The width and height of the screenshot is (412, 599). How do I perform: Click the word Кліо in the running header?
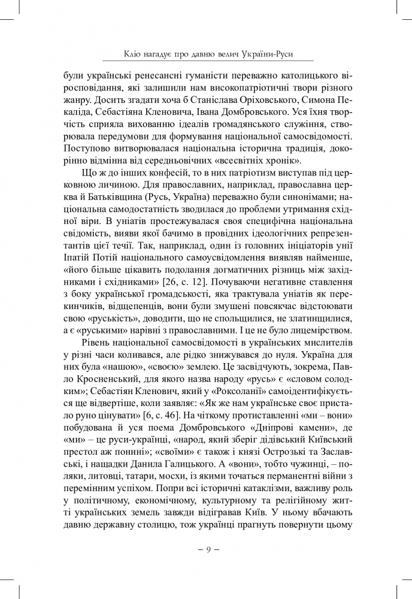[132, 55]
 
